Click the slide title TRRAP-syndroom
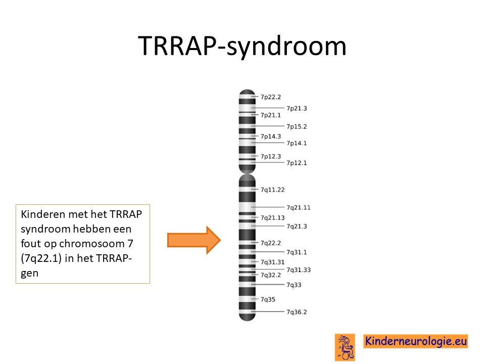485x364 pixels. click(x=242, y=46)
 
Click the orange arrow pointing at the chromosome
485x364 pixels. click(x=194, y=240)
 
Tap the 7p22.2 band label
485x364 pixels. click(x=271, y=97)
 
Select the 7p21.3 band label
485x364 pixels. click(x=297, y=108)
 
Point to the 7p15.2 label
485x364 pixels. click(x=297, y=126)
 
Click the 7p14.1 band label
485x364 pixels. click(x=297, y=143)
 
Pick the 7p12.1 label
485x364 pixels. click(x=297, y=163)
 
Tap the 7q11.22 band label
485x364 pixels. click(x=272, y=190)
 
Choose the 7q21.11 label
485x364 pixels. click(x=299, y=207)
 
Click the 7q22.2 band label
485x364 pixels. click(x=271, y=243)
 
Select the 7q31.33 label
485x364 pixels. click(x=299, y=270)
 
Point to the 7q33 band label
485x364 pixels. click(x=294, y=285)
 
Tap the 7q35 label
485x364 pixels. click(x=268, y=299)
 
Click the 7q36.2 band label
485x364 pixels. click(x=297, y=312)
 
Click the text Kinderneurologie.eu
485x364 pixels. click(x=416, y=341)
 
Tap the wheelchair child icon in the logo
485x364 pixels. click(x=345, y=347)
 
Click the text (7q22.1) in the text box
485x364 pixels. click(x=41, y=258)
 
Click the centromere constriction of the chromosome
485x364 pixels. click(x=247, y=173)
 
